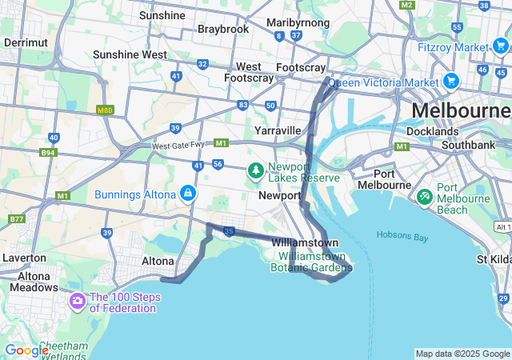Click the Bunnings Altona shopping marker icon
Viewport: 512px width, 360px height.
[x=187, y=194]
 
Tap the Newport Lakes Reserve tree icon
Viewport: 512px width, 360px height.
[x=255, y=170]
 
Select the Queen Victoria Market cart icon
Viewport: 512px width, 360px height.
[x=450, y=81]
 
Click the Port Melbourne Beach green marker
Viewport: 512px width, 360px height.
[x=425, y=196]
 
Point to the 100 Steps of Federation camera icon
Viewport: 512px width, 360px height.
[x=78, y=302]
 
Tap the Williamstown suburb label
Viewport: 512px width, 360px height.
[x=305, y=242]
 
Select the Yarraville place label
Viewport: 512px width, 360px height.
[x=278, y=130]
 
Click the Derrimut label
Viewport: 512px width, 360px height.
[x=26, y=42]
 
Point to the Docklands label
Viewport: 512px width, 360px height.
[x=432, y=131]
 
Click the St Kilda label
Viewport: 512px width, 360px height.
[x=493, y=259]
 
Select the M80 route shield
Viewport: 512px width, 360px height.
[x=105, y=110]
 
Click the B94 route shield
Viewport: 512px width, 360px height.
[x=49, y=152]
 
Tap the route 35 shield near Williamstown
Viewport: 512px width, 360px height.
[x=229, y=232]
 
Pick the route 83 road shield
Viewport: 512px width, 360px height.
[x=242, y=105]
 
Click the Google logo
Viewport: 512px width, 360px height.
[x=27, y=350]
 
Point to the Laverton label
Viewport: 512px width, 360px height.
[x=24, y=258]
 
